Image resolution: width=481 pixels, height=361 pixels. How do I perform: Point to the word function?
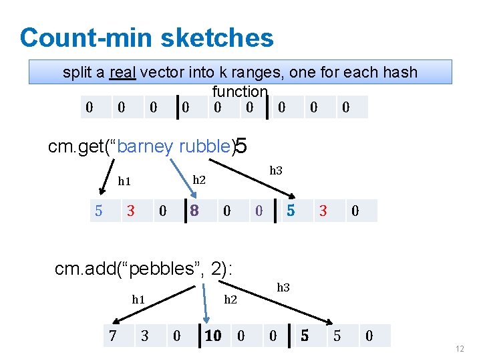[x=240, y=91]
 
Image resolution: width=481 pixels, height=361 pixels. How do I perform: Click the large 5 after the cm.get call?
[x=242, y=146]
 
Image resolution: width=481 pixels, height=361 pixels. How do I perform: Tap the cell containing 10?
[x=212, y=336]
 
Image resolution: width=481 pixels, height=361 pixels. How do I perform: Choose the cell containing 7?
[x=114, y=336]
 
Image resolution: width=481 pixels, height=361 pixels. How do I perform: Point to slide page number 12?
[x=459, y=350]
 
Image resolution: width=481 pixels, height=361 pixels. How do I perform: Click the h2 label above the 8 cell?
[x=199, y=180]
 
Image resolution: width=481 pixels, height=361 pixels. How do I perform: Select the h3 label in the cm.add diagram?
[x=283, y=288]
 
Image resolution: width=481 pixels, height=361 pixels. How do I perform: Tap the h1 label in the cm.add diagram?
[x=138, y=299]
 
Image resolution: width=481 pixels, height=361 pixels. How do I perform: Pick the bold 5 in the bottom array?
[x=305, y=336]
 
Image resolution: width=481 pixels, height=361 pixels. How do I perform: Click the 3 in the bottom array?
[x=144, y=336]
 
